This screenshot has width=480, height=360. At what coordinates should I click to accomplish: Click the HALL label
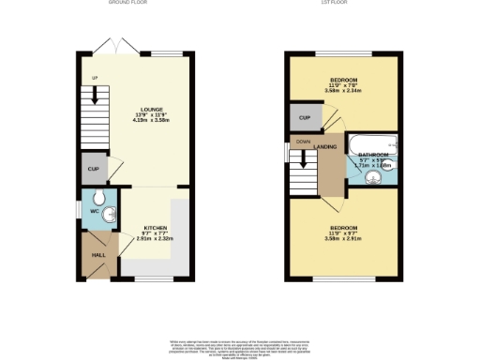point(97,255)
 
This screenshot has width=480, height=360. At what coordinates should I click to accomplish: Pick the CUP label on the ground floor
point(93,169)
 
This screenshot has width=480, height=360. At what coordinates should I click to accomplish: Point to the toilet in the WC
point(100,198)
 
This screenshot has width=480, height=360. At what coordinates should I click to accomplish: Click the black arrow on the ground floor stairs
point(94,97)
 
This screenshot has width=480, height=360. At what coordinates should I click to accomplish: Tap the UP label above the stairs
point(95,78)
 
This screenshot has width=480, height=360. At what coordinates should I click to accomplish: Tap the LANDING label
point(326,147)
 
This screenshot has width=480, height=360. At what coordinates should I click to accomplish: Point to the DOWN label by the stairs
point(303,142)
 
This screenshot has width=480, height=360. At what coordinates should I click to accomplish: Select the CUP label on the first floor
point(305,118)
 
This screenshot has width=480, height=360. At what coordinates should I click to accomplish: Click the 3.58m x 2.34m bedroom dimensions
point(344,91)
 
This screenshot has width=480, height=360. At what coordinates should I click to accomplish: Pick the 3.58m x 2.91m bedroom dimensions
point(344,238)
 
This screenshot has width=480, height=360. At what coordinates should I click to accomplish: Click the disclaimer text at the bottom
point(240,343)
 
